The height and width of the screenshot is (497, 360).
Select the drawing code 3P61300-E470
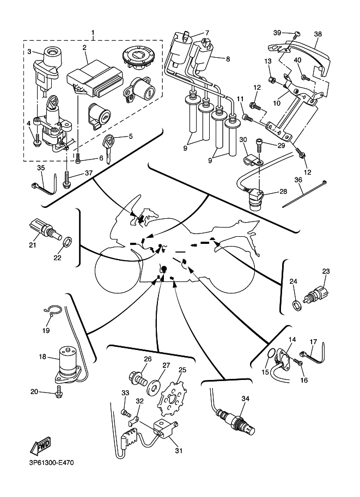click(x=48, y=463)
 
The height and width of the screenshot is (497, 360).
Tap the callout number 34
click(x=245, y=399)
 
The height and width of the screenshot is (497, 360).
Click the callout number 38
click(x=318, y=33)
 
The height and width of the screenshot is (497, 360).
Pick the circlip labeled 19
click(x=52, y=312)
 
